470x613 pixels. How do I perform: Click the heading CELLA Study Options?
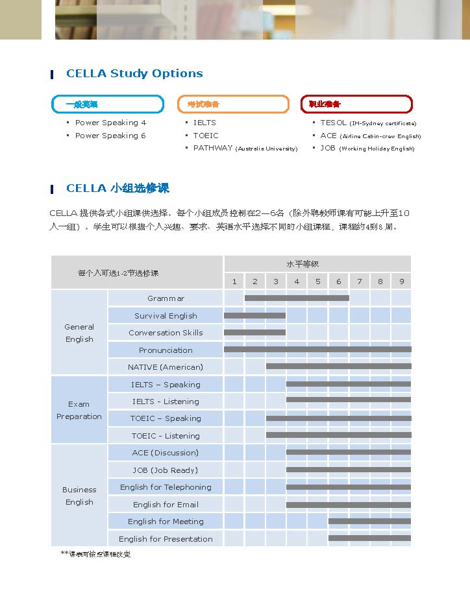[134, 73]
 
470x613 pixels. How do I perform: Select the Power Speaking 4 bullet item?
[110, 123]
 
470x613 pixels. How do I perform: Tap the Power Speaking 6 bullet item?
[110, 136]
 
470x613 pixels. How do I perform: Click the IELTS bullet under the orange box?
[204, 123]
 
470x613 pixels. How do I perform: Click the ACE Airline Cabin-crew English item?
[370, 136]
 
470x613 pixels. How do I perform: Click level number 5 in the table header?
[317, 282]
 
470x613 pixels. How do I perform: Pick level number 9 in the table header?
[402, 282]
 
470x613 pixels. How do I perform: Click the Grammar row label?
[166, 298]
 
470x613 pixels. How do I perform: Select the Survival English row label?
[166, 316]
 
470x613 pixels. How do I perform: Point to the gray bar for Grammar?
[297, 298]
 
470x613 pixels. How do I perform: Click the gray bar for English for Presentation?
[369, 538]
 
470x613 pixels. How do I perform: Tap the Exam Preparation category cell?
[79, 410]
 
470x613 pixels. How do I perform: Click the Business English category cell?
[79, 496]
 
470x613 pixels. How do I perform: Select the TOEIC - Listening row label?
[166, 436]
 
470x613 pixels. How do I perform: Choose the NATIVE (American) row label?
[166, 367]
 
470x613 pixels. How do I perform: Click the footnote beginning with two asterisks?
[95, 554]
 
